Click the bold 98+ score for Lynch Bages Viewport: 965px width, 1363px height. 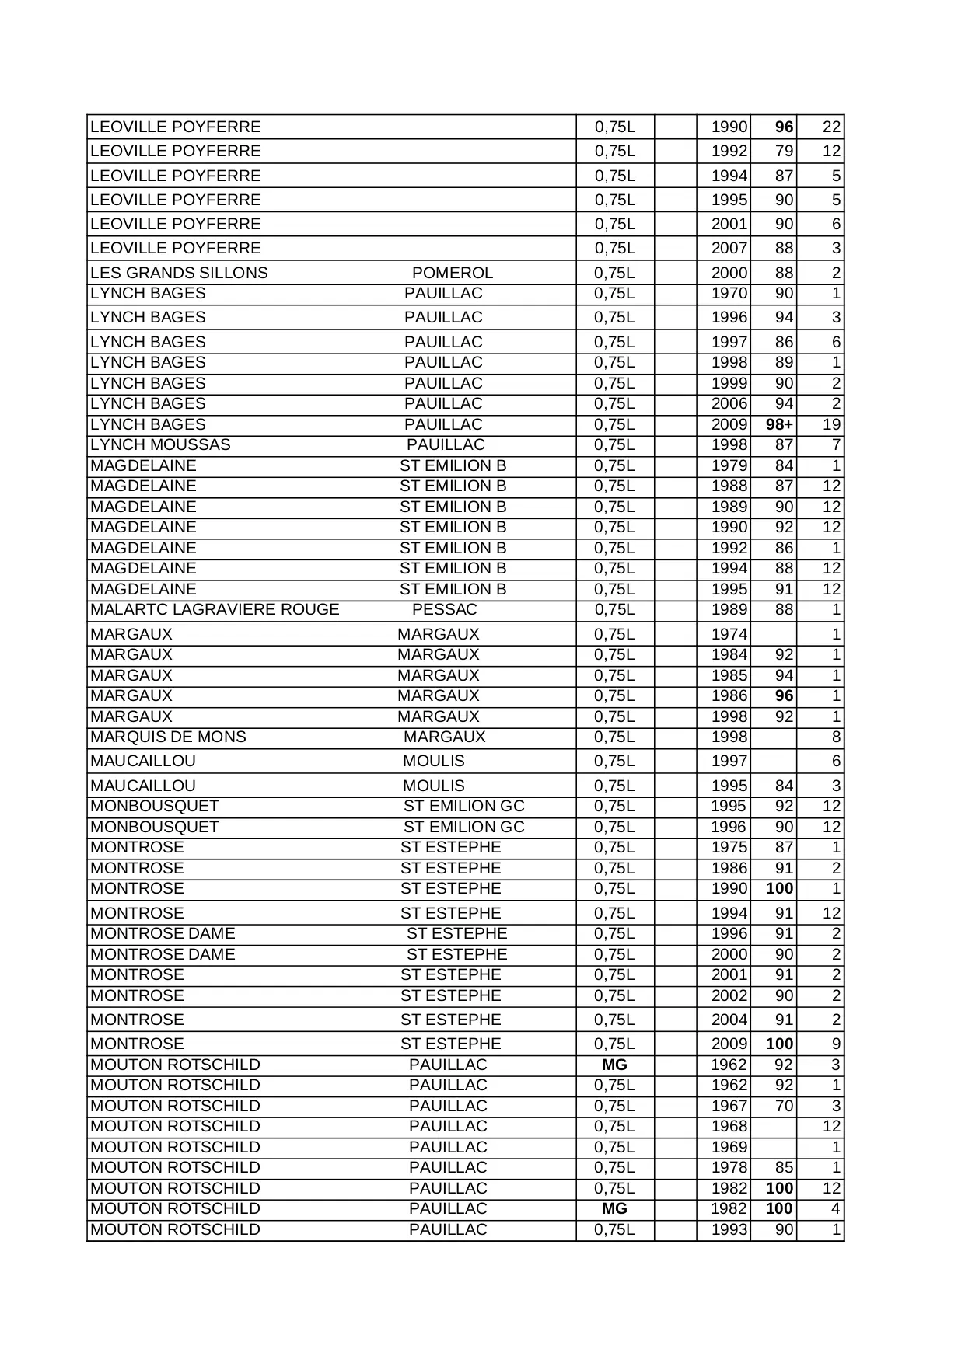(x=778, y=424)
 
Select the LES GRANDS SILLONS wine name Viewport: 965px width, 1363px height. (x=179, y=273)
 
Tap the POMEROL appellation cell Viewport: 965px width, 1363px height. (x=453, y=273)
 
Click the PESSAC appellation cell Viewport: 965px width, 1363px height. (x=445, y=609)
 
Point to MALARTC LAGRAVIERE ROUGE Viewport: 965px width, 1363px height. (x=215, y=609)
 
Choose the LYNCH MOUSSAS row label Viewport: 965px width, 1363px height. (x=160, y=444)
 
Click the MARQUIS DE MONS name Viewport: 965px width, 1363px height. (x=168, y=737)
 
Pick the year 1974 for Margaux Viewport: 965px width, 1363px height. (x=729, y=634)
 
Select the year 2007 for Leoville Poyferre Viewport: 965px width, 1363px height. (x=729, y=248)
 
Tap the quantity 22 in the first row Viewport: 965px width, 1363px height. (x=831, y=127)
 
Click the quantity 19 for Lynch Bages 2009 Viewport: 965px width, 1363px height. (x=831, y=424)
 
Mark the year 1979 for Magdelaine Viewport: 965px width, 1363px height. (x=729, y=465)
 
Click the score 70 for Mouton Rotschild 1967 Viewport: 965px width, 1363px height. (x=784, y=1106)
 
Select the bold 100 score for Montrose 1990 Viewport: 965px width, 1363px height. (x=779, y=888)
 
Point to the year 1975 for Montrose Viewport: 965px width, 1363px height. (x=729, y=847)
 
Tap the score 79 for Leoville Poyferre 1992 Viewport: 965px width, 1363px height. (x=784, y=151)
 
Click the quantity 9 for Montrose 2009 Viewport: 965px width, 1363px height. (x=836, y=1044)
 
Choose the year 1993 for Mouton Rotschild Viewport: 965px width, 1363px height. (x=729, y=1229)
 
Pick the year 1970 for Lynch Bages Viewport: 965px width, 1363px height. (x=729, y=293)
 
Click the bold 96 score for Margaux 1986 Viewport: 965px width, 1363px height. (x=784, y=695)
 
